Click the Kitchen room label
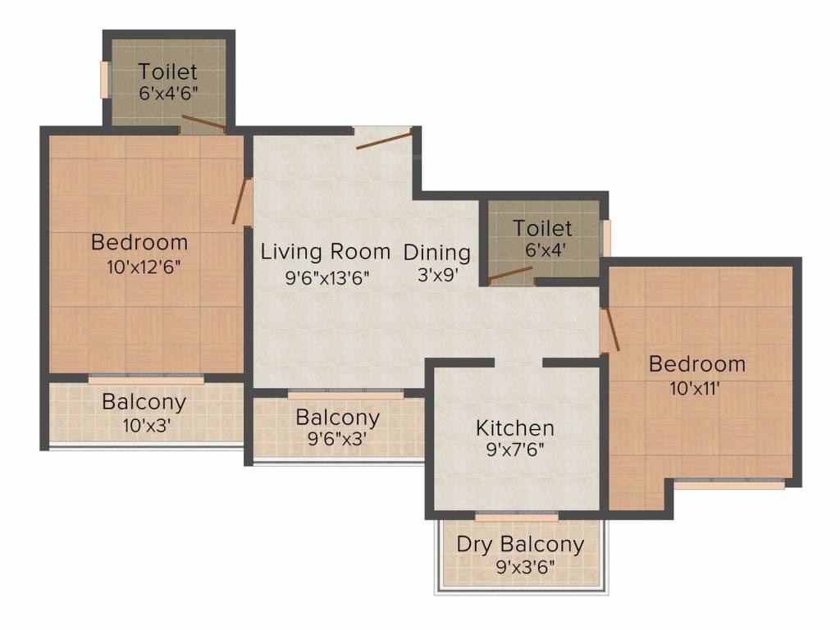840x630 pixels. click(515, 427)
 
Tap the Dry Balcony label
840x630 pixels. click(520, 544)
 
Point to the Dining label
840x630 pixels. click(437, 253)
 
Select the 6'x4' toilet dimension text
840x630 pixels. click(542, 249)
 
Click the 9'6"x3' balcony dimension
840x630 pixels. click(336, 439)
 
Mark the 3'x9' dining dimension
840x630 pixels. click(437, 276)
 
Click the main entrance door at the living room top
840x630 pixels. click(384, 139)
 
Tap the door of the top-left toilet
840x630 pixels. click(203, 125)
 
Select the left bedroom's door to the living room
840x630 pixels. click(240, 202)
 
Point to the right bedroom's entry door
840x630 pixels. click(610, 330)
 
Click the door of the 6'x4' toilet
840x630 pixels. click(510, 274)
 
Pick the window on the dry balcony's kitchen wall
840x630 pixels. click(517, 518)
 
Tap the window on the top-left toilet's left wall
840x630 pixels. click(105, 80)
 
